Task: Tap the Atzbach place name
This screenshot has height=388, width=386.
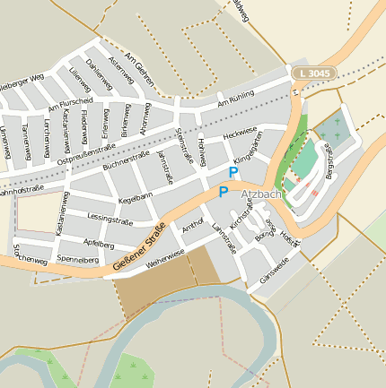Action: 261,194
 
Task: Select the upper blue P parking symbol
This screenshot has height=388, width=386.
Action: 233,172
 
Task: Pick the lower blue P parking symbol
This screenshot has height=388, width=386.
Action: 223,192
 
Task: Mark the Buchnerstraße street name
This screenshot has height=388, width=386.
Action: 127,161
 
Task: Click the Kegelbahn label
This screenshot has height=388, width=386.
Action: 136,194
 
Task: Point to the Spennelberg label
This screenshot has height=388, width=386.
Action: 77,260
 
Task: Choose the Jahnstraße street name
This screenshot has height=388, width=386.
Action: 164,166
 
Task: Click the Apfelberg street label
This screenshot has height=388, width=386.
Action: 98,243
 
